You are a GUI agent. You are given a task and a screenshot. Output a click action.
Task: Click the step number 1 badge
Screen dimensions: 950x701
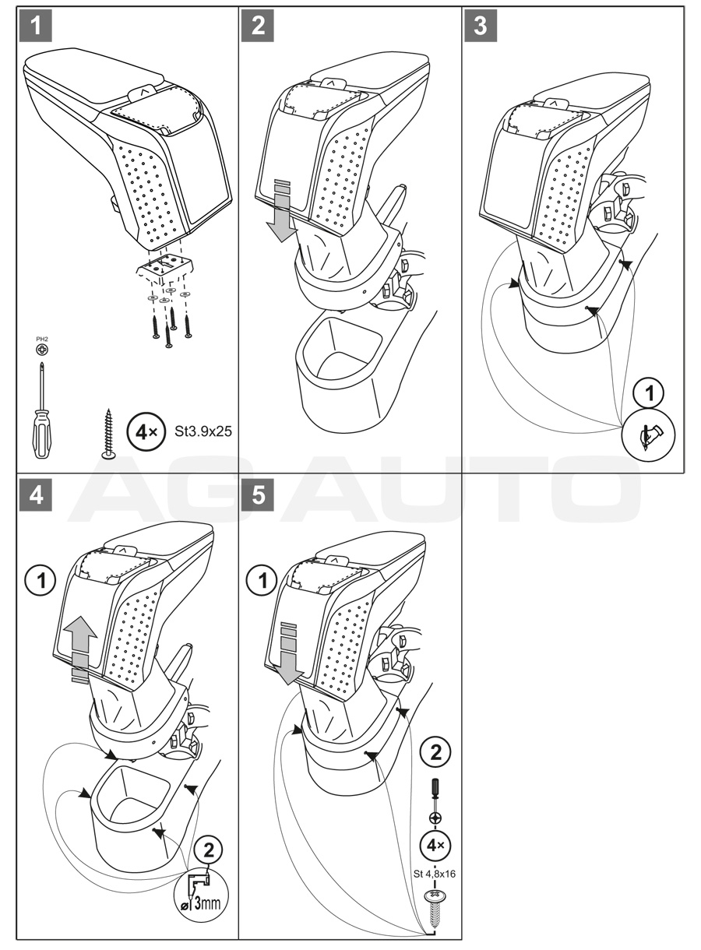pyautogui.click(x=35, y=25)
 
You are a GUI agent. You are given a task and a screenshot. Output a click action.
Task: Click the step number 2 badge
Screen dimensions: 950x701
pyautogui.click(x=259, y=25)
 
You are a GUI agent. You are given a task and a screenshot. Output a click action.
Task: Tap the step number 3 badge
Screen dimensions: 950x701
pyautogui.click(x=481, y=25)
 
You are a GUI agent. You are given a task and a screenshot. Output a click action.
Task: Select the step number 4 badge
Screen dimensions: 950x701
pyautogui.click(x=35, y=496)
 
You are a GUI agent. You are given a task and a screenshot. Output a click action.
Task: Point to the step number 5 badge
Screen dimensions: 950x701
pyautogui.click(x=259, y=496)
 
